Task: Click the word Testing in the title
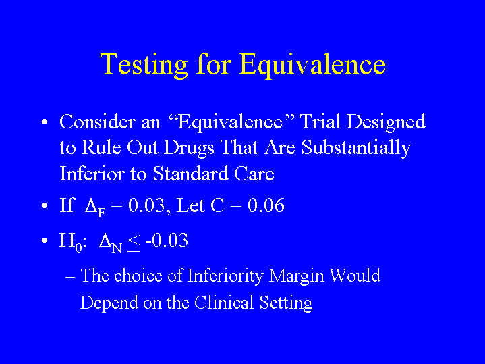click(x=144, y=65)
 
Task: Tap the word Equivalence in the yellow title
click(x=312, y=65)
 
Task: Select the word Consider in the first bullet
click(x=97, y=121)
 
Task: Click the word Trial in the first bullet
click(x=320, y=121)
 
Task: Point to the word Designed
click(x=386, y=122)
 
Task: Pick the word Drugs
click(x=189, y=148)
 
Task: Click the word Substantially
click(x=356, y=148)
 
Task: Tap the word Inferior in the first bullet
click(x=92, y=173)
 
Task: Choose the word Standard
click(x=190, y=173)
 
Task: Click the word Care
click(x=254, y=173)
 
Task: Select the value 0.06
click(x=266, y=205)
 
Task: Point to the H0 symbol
click(x=71, y=242)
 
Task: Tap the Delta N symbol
click(x=110, y=243)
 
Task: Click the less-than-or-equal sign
click(x=134, y=243)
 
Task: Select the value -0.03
click(x=167, y=240)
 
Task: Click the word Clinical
click(x=224, y=302)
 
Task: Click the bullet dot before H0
click(x=45, y=240)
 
